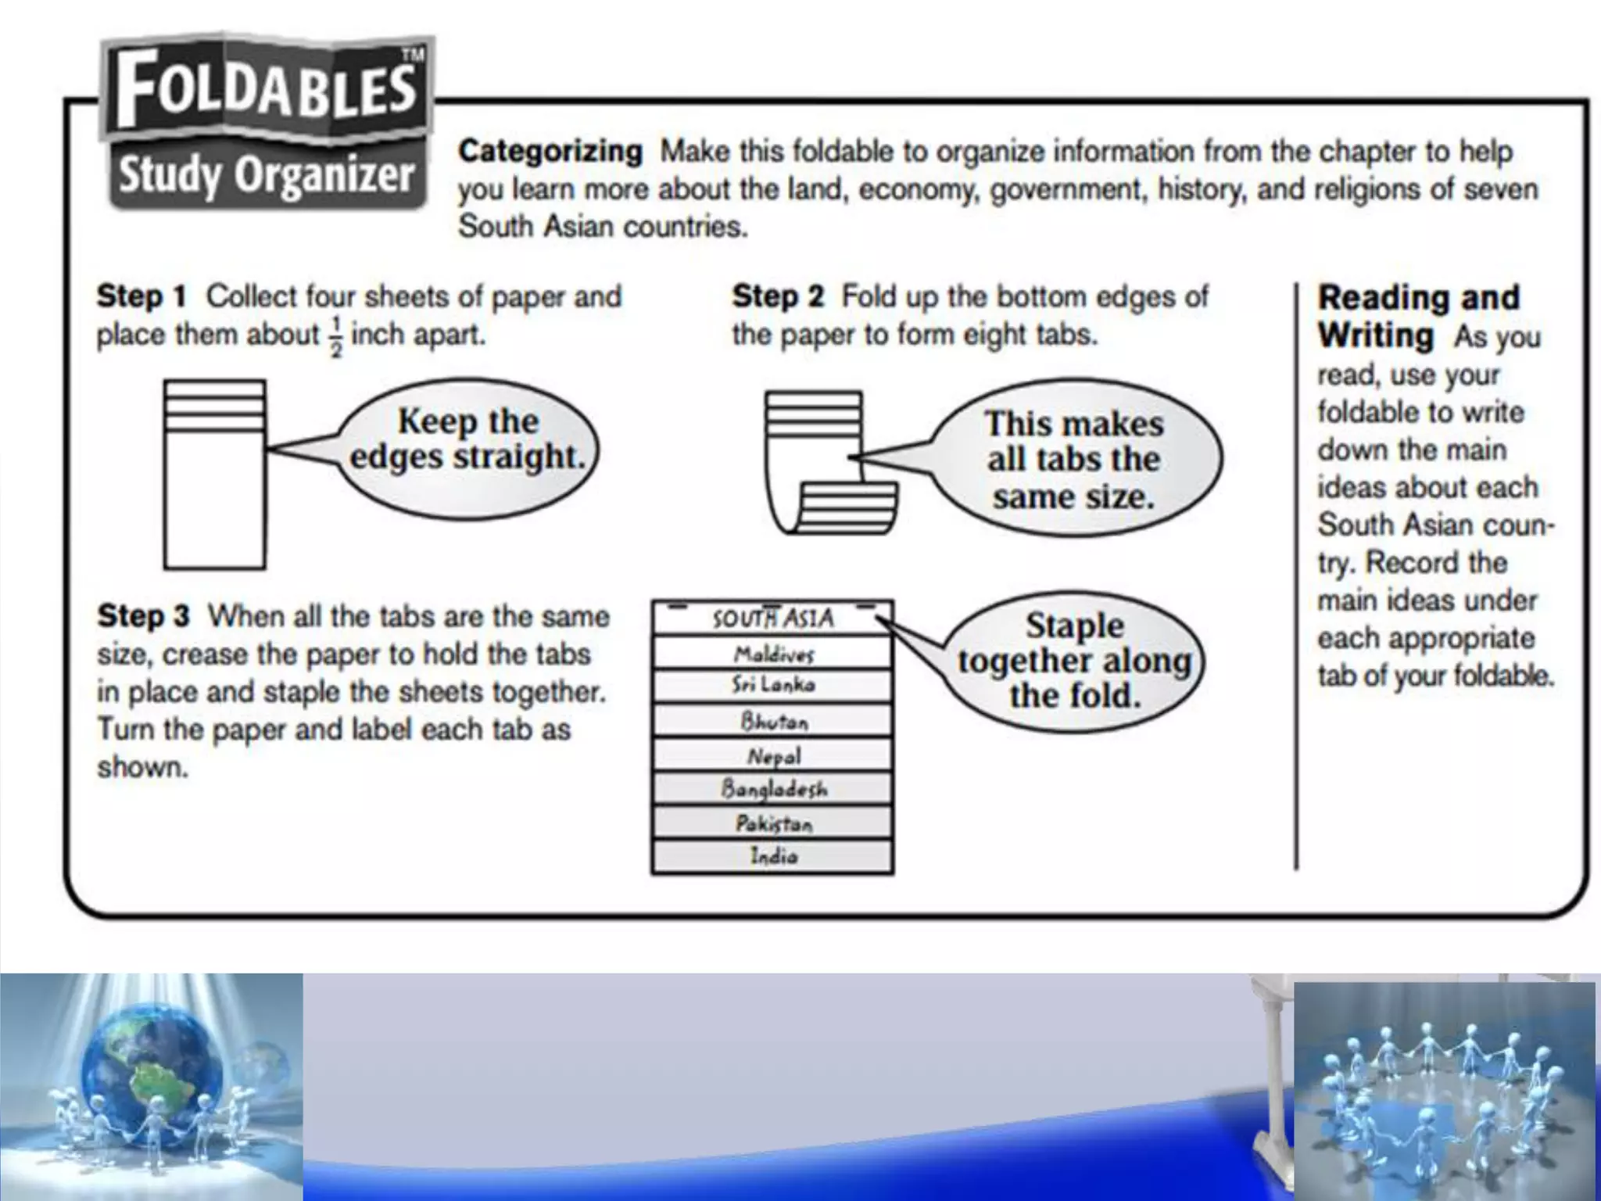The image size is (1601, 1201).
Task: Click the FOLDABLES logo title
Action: pyautogui.click(x=266, y=90)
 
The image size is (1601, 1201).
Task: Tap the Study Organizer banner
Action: pyautogui.click(x=266, y=174)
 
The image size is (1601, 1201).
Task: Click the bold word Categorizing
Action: pyautogui.click(x=550, y=151)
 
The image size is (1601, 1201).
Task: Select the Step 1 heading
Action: pyautogui.click(x=141, y=297)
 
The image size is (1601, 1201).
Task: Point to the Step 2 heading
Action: pyautogui.click(x=778, y=297)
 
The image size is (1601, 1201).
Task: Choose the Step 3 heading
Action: pyautogui.click(x=143, y=616)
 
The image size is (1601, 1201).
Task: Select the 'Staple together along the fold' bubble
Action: pyautogui.click(x=1075, y=661)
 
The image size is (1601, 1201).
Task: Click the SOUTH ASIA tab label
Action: pyautogui.click(x=772, y=618)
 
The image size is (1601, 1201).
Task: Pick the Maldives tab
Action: pyautogui.click(x=773, y=654)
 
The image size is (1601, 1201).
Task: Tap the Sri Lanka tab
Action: pyautogui.click(x=773, y=686)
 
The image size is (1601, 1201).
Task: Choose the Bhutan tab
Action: pyautogui.click(x=773, y=721)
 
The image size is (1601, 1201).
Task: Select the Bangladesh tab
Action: pyautogui.click(x=773, y=789)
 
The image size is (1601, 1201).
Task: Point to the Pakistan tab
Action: pyautogui.click(x=773, y=823)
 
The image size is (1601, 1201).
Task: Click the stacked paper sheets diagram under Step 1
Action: pyautogui.click(x=214, y=475)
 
